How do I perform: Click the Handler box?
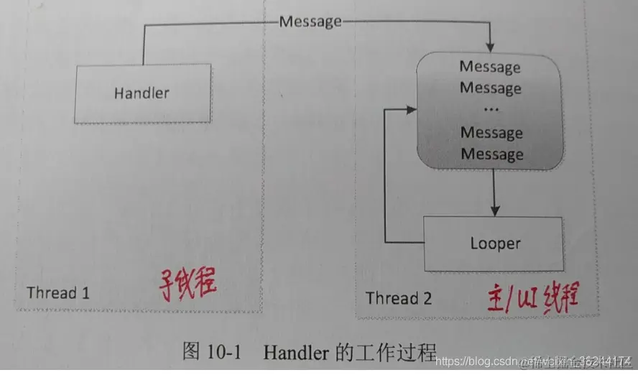tap(142, 93)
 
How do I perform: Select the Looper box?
tap(495, 244)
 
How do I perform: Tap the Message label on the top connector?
tap(310, 22)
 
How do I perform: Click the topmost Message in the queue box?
tap(490, 68)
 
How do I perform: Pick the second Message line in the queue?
tap(490, 88)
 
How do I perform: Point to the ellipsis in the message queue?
tap(491, 110)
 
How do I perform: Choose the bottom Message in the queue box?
tap(491, 154)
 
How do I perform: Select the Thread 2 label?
tap(399, 297)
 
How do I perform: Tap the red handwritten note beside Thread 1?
tap(188, 287)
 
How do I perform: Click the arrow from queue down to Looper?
tap(492, 192)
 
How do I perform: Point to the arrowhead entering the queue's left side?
tap(412, 110)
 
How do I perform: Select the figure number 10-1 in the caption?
tap(225, 352)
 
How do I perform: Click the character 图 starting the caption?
tap(191, 352)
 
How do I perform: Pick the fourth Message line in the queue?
tap(491, 133)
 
